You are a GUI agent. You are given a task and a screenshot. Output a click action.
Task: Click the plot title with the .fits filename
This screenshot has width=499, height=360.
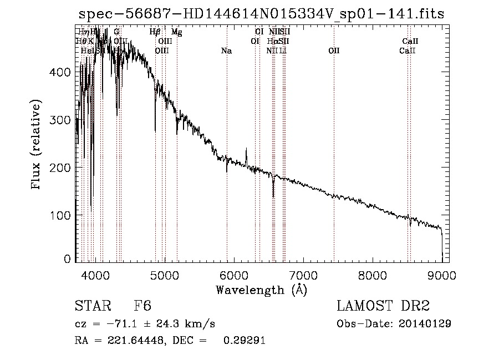(x=261, y=13)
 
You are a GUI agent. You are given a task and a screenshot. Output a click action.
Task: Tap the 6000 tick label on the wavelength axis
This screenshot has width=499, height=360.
(x=233, y=274)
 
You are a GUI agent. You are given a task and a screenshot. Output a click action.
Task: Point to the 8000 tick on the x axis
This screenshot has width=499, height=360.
(x=373, y=274)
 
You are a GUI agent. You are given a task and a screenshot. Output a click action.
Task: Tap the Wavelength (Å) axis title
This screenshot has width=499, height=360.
(x=261, y=290)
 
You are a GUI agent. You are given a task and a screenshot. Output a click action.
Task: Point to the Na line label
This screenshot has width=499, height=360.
(x=226, y=51)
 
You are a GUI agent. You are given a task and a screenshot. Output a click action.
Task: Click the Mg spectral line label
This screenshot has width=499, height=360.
(x=176, y=32)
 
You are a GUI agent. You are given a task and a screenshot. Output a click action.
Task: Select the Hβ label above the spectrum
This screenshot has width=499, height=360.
(x=155, y=32)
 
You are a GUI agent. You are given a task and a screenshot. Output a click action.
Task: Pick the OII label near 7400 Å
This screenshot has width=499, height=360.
(x=334, y=51)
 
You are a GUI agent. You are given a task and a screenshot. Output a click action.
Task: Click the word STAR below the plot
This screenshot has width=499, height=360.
(x=90, y=307)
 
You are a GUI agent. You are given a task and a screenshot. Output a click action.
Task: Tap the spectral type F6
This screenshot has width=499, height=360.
(x=143, y=307)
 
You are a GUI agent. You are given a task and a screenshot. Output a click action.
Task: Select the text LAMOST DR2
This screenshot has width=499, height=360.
(x=383, y=307)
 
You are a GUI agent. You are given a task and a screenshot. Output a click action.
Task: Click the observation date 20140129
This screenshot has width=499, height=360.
(x=427, y=323)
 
